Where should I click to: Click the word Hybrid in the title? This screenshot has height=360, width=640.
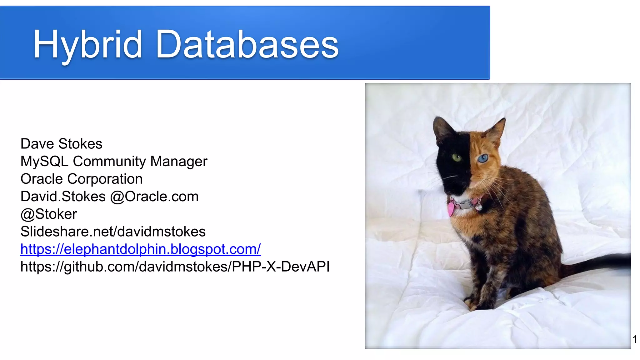point(88,44)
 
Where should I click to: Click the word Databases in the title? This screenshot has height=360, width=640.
point(247,44)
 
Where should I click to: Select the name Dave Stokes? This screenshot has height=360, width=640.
point(61,144)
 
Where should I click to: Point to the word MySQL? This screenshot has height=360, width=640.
point(44,162)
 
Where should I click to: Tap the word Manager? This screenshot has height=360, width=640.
point(179,162)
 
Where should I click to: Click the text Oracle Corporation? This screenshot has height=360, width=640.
point(81,179)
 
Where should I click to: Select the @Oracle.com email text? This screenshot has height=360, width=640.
point(154,197)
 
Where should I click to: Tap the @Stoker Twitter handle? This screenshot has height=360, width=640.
point(48,214)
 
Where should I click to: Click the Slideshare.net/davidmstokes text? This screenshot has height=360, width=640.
point(113,232)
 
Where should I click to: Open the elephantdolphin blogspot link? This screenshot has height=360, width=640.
point(140,249)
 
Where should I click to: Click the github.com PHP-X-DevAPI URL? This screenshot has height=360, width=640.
point(175,267)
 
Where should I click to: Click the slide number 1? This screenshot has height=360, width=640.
point(635,339)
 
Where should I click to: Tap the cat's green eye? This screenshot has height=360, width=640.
point(457,157)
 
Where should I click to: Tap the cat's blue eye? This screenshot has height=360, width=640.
point(482,159)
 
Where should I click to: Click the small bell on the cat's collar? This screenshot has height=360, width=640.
point(478,207)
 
